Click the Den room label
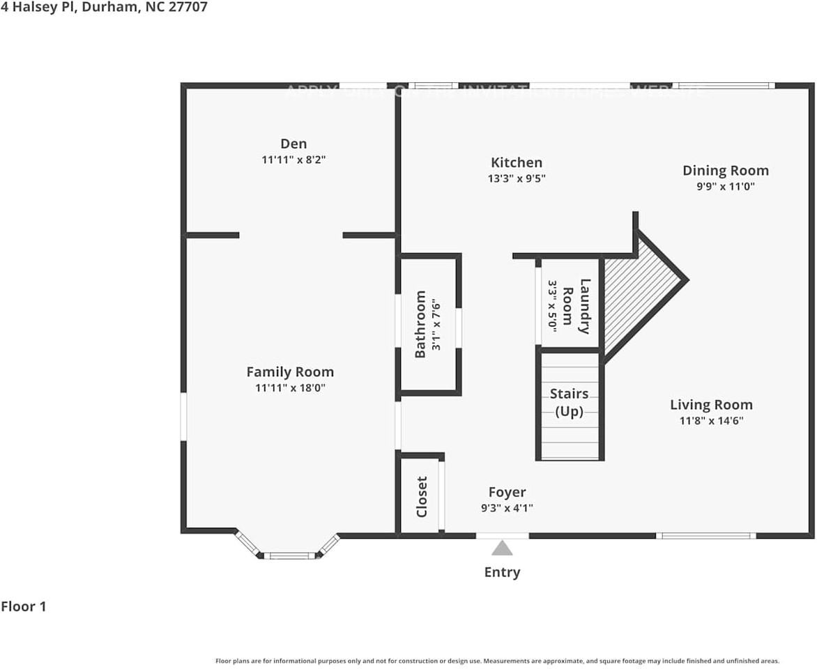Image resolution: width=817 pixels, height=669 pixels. [x=293, y=144]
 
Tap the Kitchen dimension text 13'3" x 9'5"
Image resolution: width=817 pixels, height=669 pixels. [x=516, y=178]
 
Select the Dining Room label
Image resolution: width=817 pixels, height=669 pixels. [x=725, y=171]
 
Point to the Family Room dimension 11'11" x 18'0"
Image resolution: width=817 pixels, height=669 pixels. [x=290, y=388]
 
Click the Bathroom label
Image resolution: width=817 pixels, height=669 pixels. [x=420, y=324]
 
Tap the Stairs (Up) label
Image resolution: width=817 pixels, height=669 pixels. [x=569, y=403]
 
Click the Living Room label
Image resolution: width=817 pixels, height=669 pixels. [x=711, y=405]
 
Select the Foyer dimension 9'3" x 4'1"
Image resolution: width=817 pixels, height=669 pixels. [x=507, y=509]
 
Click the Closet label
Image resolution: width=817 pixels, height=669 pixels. [x=422, y=496]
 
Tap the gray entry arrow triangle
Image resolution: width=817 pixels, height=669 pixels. [x=502, y=548]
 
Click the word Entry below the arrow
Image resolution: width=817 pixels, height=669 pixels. [x=502, y=573]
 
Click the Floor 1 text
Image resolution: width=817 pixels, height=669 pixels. [x=24, y=607]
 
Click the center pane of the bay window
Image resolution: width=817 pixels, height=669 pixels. [x=289, y=555]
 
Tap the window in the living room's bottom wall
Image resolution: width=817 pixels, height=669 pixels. [x=706, y=536]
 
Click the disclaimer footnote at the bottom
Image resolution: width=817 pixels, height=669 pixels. [x=497, y=661]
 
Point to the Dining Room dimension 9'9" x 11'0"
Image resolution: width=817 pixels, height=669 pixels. [x=725, y=187]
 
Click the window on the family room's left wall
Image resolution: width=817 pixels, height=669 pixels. [x=184, y=417]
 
